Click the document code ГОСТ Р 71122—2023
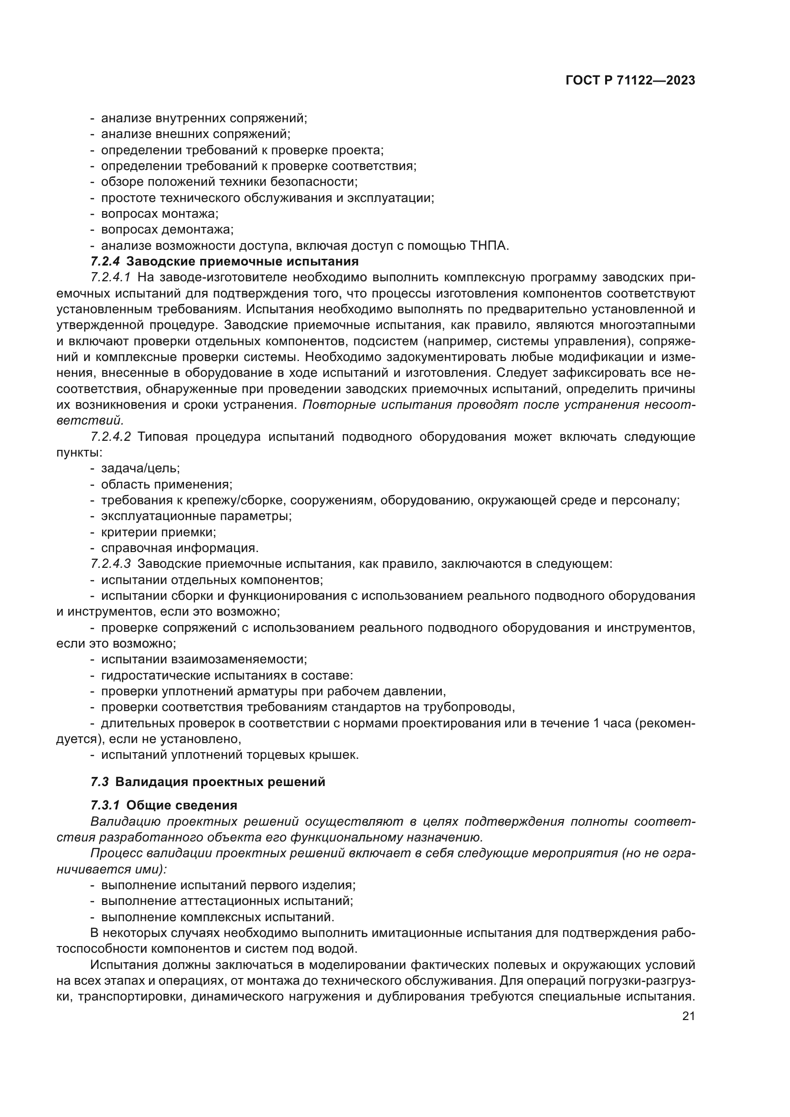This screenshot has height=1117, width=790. (x=630, y=81)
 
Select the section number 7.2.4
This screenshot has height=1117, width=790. (x=105, y=262)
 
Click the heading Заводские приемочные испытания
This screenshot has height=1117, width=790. (x=242, y=262)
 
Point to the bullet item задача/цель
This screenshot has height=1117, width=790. (x=140, y=468)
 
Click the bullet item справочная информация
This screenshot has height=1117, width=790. (x=180, y=548)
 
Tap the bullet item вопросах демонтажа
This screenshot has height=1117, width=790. (x=167, y=230)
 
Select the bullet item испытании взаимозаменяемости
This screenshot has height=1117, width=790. (x=204, y=660)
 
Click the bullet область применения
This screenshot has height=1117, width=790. (x=166, y=485)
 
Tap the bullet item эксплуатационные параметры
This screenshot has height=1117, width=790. (x=196, y=516)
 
